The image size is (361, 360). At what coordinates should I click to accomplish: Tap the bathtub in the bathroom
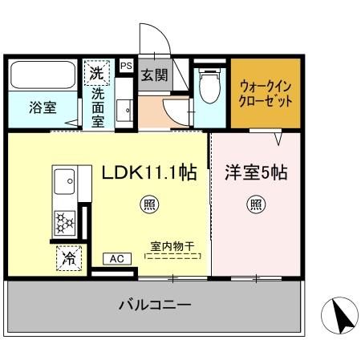(43, 76)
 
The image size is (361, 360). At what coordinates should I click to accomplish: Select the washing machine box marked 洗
(96, 73)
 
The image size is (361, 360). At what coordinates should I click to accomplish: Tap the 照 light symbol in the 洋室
(255, 204)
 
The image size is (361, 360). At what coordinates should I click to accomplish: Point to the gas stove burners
(63, 220)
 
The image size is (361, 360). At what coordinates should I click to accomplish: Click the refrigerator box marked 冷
(69, 258)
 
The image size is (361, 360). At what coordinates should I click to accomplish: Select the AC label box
(116, 259)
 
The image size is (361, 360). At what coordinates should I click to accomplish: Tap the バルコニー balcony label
(155, 305)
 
